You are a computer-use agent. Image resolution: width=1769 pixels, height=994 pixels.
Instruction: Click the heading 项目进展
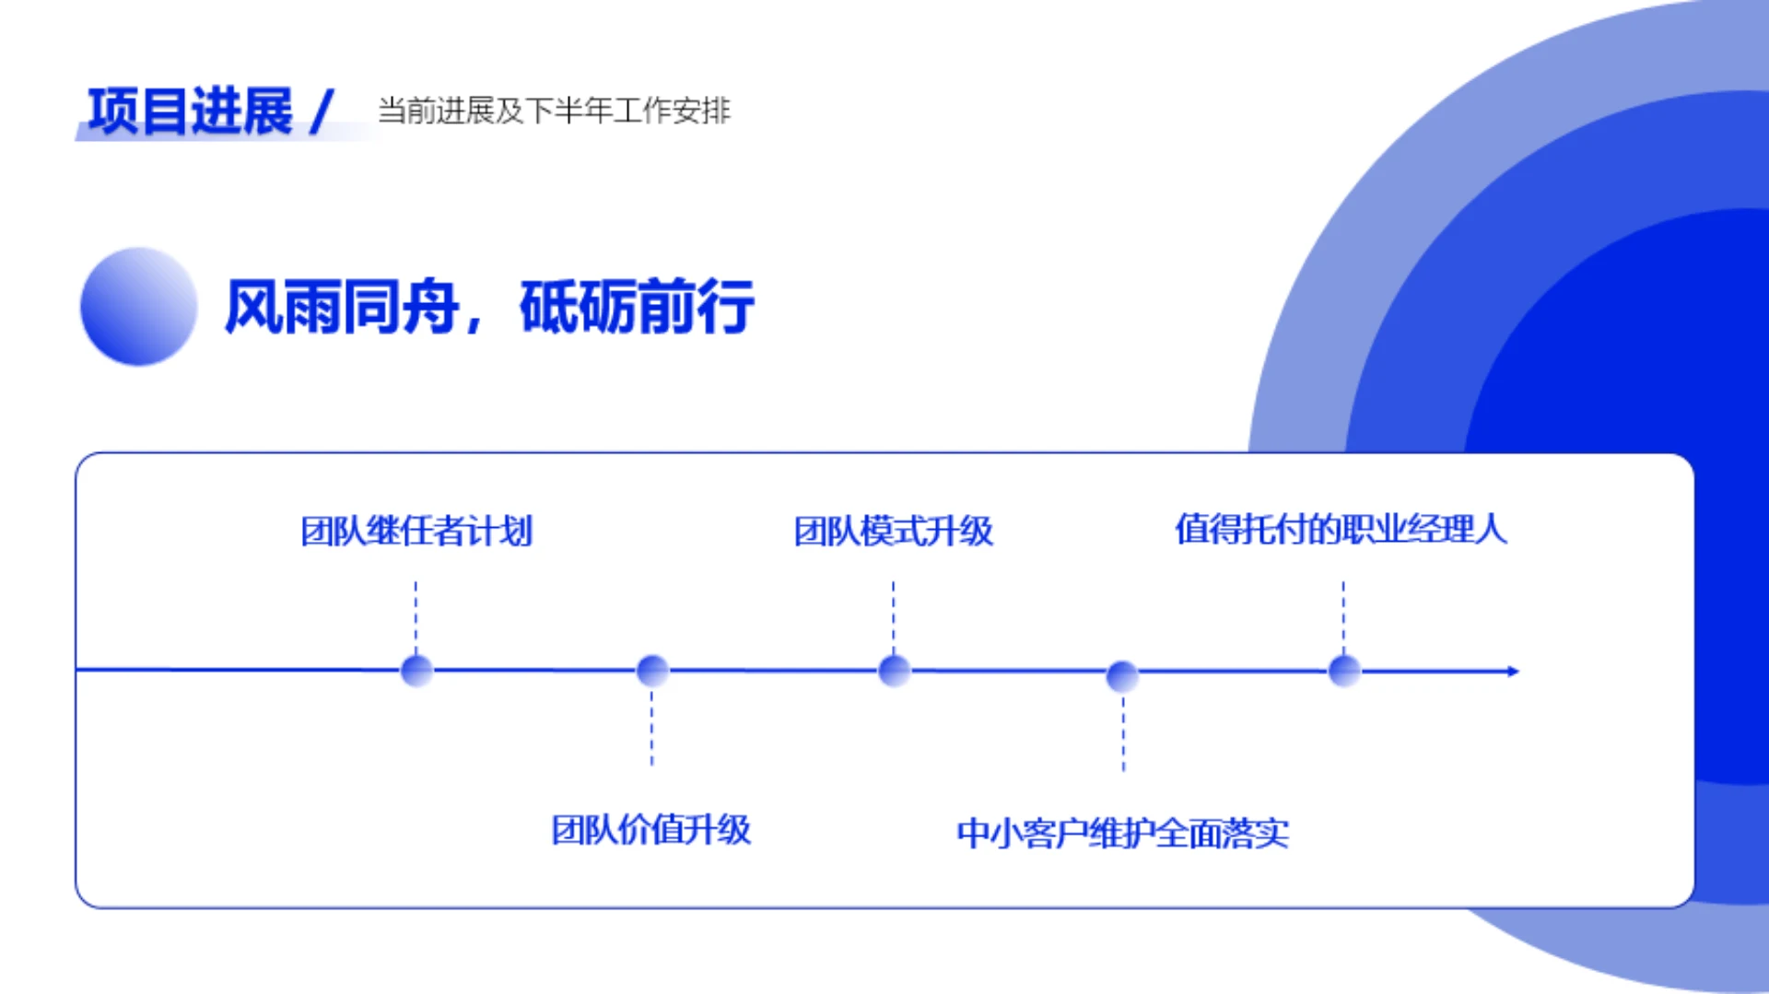click(190, 111)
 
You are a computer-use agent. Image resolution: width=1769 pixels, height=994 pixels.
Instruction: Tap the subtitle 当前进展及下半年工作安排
click(554, 111)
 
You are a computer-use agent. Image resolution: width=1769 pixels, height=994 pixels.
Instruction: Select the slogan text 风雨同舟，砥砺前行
click(489, 307)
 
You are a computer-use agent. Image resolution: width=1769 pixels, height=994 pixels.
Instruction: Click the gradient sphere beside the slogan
click(139, 306)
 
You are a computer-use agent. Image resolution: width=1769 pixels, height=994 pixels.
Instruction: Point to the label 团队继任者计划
click(416, 532)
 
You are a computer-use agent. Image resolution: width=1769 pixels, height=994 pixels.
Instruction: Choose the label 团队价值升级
click(650, 830)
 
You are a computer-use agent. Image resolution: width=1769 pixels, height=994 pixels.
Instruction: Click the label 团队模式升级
click(893, 532)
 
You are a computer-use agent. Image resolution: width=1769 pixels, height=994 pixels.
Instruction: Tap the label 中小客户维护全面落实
click(1122, 834)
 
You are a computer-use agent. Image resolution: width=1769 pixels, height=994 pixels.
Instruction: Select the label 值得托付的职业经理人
click(1341, 530)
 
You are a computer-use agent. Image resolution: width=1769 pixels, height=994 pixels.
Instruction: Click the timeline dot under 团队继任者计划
click(416, 671)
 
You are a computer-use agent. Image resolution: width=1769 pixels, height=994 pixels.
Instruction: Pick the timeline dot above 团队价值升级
click(652, 671)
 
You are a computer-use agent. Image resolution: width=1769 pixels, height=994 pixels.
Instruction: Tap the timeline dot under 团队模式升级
click(894, 671)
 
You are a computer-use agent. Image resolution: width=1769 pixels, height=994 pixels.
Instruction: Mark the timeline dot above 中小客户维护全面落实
click(1122, 676)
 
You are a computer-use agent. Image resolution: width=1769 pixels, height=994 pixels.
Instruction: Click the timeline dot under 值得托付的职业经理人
click(1344, 671)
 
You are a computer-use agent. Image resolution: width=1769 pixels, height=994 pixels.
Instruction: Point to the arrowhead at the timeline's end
click(1512, 672)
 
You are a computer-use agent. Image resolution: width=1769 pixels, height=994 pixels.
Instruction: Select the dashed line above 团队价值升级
click(651, 728)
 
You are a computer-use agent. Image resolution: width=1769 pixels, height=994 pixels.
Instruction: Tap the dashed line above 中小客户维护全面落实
click(1123, 733)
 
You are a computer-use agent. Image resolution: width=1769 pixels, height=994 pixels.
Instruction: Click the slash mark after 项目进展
click(322, 111)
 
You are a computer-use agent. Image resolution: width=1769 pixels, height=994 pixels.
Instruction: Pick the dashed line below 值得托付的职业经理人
click(1343, 615)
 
